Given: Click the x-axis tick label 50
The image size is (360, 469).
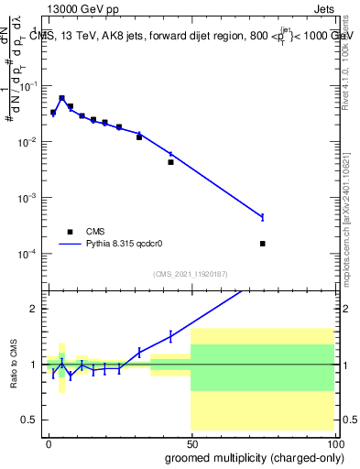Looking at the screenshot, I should (x=191, y=443).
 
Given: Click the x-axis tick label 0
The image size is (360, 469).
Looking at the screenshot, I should (x=49, y=443).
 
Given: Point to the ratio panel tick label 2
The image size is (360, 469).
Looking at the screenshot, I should (x=34, y=309).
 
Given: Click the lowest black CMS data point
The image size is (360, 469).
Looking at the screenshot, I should (x=263, y=244).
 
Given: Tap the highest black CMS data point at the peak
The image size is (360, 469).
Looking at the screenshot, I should (x=61, y=98).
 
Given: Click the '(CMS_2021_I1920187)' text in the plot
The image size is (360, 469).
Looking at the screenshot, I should (x=191, y=273).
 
